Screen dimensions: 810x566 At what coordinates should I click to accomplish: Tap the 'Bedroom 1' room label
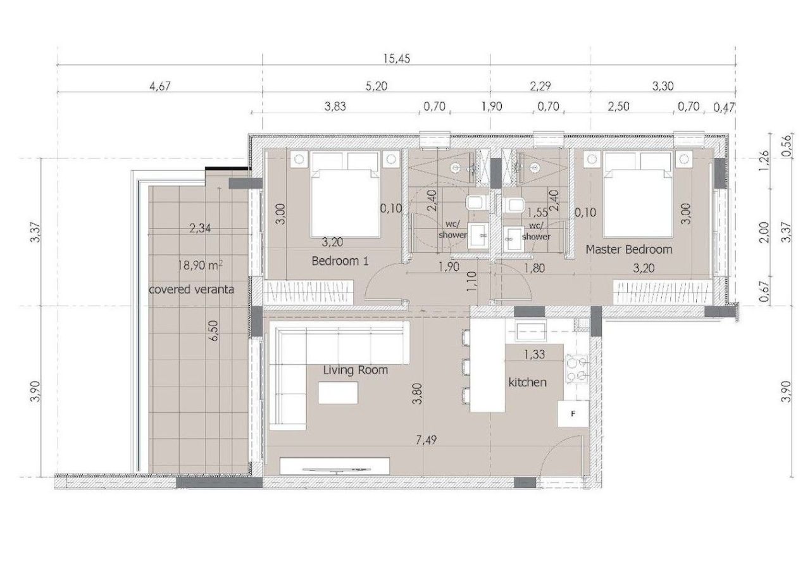click(x=340, y=260)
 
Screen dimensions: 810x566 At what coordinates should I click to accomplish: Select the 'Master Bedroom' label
click(x=628, y=249)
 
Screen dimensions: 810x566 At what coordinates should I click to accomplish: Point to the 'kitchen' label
click(x=527, y=382)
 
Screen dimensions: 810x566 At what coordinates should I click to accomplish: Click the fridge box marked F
click(x=572, y=414)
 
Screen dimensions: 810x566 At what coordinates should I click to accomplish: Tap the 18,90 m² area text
click(x=200, y=266)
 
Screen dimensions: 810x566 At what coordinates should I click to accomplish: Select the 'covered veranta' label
click(x=191, y=289)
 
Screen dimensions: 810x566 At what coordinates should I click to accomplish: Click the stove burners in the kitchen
click(x=577, y=368)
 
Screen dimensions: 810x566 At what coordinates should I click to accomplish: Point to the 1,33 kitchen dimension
click(x=535, y=355)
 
